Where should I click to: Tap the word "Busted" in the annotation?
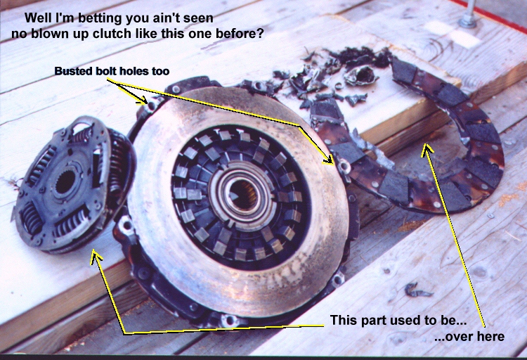tap(70, 71)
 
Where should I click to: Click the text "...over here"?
tap(469, 337)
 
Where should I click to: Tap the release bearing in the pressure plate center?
tap(240, 195)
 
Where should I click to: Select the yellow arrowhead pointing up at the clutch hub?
tap(97, 257)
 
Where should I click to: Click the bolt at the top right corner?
tap(467, 18)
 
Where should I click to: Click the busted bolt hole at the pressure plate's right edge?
tap(344, 167)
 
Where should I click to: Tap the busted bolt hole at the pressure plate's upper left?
tap(152, 104)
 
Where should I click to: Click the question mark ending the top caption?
tap(260, 33)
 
